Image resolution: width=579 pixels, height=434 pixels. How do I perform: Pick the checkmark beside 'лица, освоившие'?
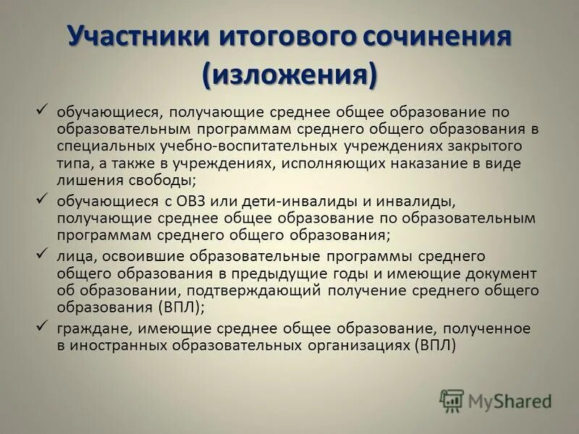(x=42, y=253)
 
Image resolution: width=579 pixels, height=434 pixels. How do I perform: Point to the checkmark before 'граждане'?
(x=42, y=325)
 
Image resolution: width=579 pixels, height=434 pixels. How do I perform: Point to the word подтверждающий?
(x=261, y=291)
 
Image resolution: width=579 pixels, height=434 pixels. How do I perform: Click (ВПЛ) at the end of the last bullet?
(x=436, y=345)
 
